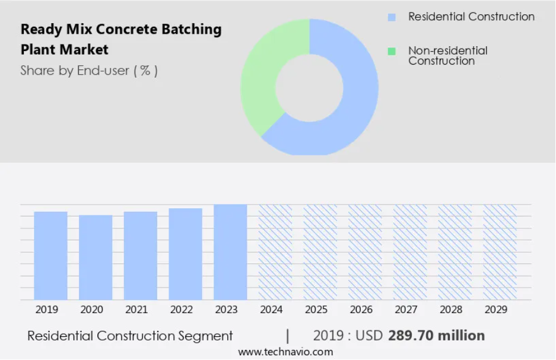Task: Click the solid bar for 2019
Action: click(x=50, y=255)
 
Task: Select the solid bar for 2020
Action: click(x=96, y=257)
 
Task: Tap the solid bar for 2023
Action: click(x=230, y=252)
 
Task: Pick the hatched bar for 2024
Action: click(x=275, y=252)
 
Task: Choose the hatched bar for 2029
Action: click(x=500, y=252)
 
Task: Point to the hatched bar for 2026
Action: click(x=365, y=252)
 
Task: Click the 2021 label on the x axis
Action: click(x=136, y=310)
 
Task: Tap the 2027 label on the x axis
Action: click(x=406, y=310)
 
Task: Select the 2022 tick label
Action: click(x=182, y=310)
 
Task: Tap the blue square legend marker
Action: click(x=392, y=17)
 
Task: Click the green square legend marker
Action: click(x=392, y=52)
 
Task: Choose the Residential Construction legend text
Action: click(x=471, y=17)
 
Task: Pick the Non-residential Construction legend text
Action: click(x=447, y=56)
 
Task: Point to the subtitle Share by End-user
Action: click(x=89, y=71)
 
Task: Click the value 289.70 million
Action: click(x=436, y=336)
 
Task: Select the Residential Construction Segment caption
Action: click(x=130, y=336)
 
